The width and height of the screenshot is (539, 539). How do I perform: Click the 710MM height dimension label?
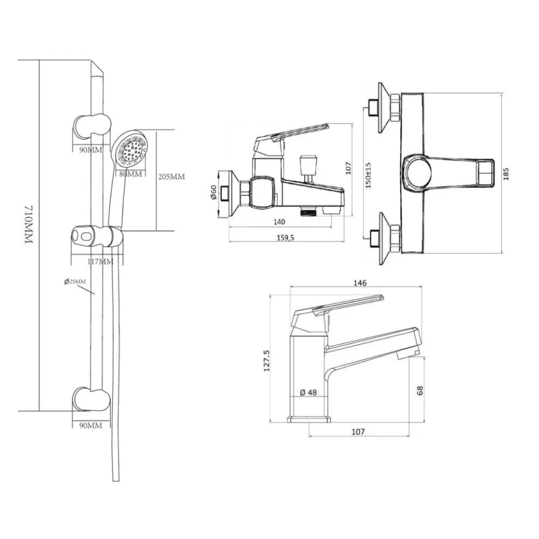[29, 225]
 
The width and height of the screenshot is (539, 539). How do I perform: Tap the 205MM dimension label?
[171, 177]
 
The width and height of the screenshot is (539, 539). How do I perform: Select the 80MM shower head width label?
[131, 174]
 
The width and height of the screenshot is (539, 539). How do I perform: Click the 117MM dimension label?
[100, 262]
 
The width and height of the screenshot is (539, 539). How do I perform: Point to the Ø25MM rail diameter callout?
[75, 281]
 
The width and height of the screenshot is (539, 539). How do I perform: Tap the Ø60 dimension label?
[213, 193]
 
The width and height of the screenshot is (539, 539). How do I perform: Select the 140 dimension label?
[279, 222]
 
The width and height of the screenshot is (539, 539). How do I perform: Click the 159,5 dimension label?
[285, 237]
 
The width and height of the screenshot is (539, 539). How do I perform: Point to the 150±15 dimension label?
[368, 175]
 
